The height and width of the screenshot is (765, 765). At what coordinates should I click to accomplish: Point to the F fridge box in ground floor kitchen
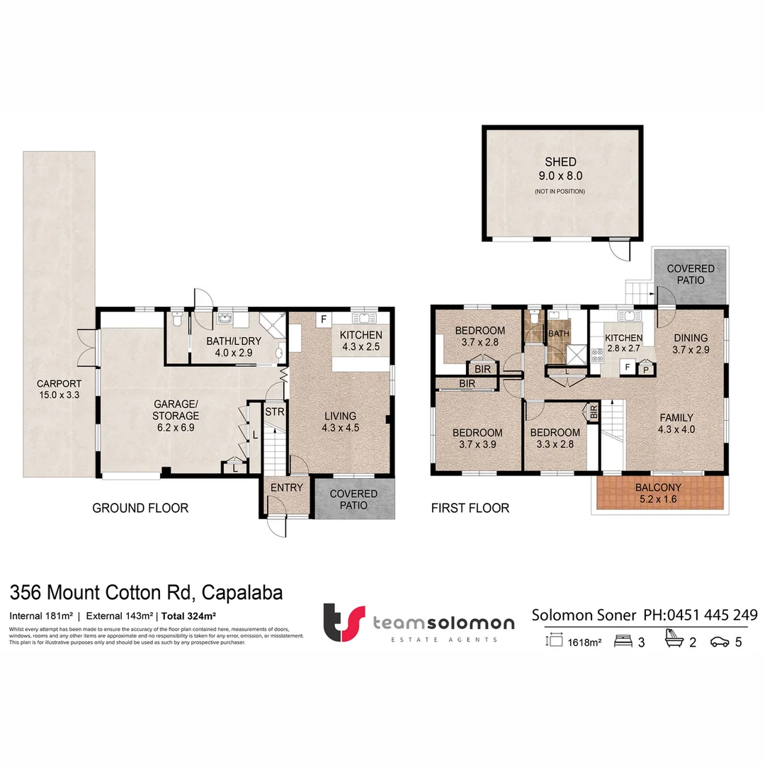pos(324,319)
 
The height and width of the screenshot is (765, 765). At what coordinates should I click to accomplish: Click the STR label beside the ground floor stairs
pos(273,411)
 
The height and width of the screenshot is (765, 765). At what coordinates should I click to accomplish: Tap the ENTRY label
pos(286,487)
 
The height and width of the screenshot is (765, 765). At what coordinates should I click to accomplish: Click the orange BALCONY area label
pos(659,493)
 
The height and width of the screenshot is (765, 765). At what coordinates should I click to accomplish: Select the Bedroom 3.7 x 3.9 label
pos(478,438)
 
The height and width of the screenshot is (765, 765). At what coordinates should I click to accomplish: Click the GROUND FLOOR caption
pos(140,508)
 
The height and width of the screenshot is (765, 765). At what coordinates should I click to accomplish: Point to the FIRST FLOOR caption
pos(470,508)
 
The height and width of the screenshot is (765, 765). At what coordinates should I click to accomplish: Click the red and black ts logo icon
pos(344,622)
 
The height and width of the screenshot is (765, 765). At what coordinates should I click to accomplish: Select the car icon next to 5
pos(720,642)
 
